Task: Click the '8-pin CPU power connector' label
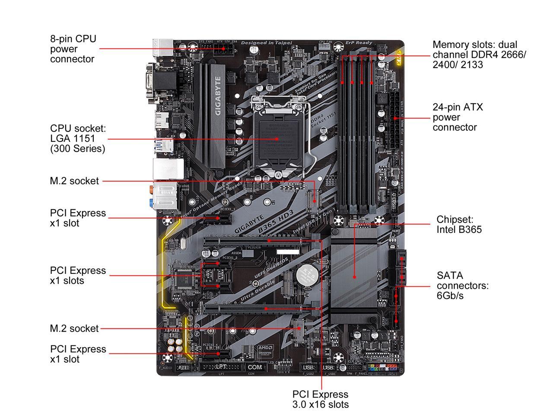[x=73, y=49]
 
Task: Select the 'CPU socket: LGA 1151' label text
[x=78, y=138]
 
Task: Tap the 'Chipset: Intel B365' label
[x=459, y=224]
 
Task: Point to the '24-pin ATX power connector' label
[x=458, y=117]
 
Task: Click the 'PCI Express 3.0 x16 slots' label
[x=320, y=399]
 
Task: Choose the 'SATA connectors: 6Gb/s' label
[x=462, y=285]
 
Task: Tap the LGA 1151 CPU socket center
[x=277, y=139]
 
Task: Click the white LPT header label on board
[x=221, y=367]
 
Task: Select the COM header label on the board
[x=255, y=367]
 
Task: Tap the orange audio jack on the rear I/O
[x=149, y=188]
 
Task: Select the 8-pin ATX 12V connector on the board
[x=224, y=49]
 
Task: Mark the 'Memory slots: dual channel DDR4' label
[x=479, y=55]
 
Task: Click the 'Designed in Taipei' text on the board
[x=266, y=43]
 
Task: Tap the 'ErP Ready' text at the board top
[x=359, y=43]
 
